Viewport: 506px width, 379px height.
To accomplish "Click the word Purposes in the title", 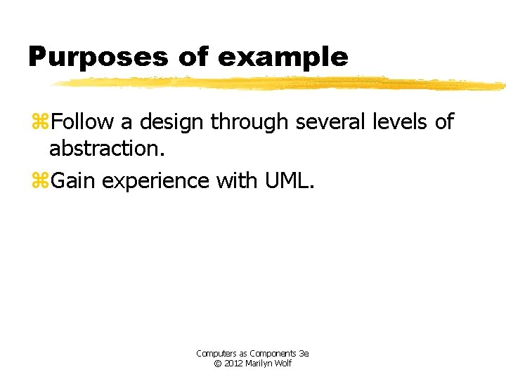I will click(x=99, y=57).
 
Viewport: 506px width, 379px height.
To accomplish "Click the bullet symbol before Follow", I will click(x=40, y=122).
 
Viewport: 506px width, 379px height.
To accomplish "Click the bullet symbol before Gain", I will click(x=40, y=181).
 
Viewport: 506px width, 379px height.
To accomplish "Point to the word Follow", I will click(x=82, y=122).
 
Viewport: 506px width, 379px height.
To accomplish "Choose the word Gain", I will click(x=74, y=181).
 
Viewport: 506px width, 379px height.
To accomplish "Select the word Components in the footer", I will click(x=269, y=354).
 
